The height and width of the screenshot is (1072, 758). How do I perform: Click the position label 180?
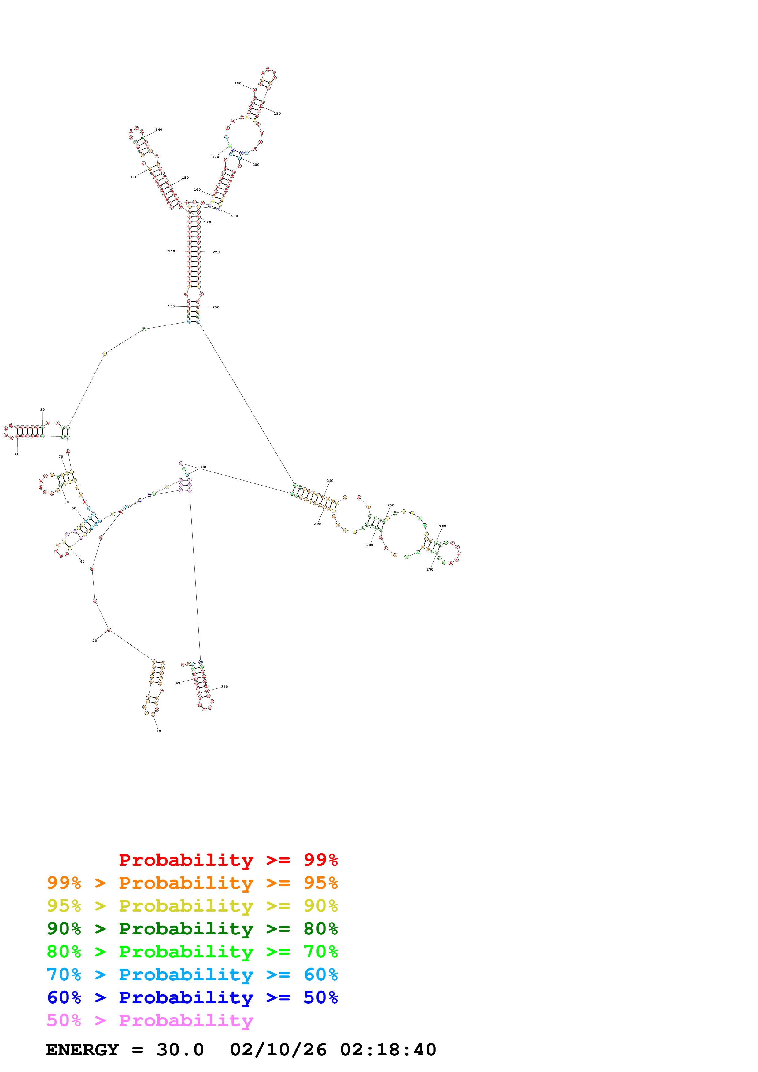coord(238,83)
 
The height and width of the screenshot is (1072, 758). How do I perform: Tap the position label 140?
coord(159,130)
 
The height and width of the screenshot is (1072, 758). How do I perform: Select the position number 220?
coord(216,252)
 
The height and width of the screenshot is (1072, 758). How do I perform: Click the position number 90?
coord(43,409)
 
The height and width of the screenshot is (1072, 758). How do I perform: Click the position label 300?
coord(203,467)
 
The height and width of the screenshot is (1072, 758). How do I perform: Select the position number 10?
coord(158,731)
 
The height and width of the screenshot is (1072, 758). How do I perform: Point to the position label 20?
coord(95,641)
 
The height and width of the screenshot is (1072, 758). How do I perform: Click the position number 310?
coord(225,687)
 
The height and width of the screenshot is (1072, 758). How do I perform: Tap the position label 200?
coord(256,165)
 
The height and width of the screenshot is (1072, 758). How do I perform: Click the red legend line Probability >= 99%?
coord(228,860)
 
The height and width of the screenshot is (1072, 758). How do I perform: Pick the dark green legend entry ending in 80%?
coord(192,929)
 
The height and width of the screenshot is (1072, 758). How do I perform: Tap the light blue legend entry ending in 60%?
coord(192,975)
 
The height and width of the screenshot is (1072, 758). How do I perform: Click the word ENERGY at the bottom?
coord(82,1050)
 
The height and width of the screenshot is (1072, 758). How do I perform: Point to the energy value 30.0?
coord(180,1050)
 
